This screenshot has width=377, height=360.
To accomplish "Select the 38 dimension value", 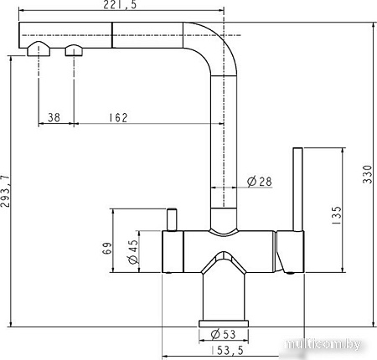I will coord(54,118).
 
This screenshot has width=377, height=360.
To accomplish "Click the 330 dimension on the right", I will coord(366,173).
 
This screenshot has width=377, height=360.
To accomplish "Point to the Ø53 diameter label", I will coord(222,337).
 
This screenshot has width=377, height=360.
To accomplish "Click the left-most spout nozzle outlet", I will coord(35,49).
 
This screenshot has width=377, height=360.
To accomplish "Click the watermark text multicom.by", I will coord(328,344).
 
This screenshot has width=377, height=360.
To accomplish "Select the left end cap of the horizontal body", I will coord(169,252).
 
